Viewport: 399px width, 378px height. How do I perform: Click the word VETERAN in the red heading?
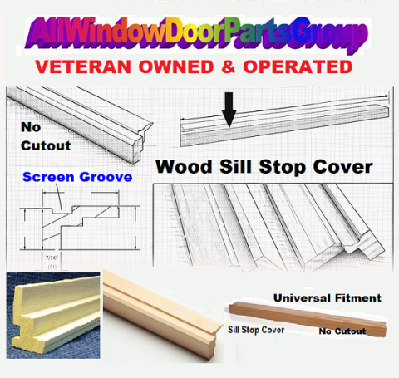83,67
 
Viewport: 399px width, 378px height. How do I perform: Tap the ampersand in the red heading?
229,67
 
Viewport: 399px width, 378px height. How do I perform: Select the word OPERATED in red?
298,67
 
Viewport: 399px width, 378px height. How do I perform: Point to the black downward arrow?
229,110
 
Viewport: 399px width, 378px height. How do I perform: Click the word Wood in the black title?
184,167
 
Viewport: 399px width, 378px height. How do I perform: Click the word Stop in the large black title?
283,167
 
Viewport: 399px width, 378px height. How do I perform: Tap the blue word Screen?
48,177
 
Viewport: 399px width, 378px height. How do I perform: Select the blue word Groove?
106,177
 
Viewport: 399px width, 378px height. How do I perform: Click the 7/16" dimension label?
52,258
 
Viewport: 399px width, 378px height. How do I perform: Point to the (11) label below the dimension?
52,267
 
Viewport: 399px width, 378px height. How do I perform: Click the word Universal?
302,298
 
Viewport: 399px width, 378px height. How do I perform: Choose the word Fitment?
358,298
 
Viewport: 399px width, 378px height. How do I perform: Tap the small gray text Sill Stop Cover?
256,330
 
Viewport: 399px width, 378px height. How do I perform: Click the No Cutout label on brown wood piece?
342,331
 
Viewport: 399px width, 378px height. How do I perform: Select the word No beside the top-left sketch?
31,127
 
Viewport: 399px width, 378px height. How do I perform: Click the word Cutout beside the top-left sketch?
46,145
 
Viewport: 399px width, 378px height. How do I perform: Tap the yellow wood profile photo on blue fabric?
53,316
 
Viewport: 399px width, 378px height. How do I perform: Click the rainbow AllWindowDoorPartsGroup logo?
196,35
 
